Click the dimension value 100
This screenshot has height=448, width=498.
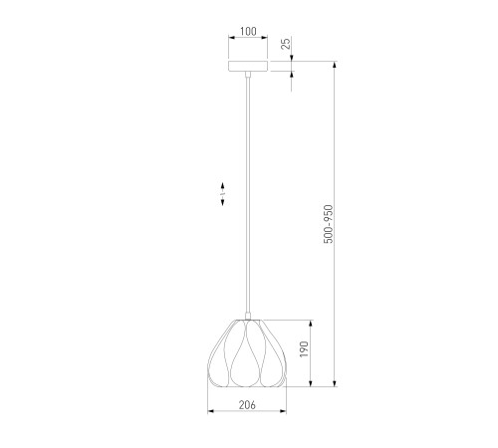coord(248,32)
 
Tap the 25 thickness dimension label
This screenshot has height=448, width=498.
coord(286,44)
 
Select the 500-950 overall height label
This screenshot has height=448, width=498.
coord(328,224)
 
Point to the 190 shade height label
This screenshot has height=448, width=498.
coord(304,349)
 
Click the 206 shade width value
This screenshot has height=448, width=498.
coord(247,405)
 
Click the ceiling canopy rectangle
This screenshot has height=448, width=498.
coord(248,66)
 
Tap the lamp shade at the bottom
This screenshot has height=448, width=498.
coord(247,353)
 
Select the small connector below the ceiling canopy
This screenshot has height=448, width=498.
coord(248,75)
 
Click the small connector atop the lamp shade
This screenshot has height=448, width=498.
coord(248,316)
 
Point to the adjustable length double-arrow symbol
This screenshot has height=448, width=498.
coord(223,194)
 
